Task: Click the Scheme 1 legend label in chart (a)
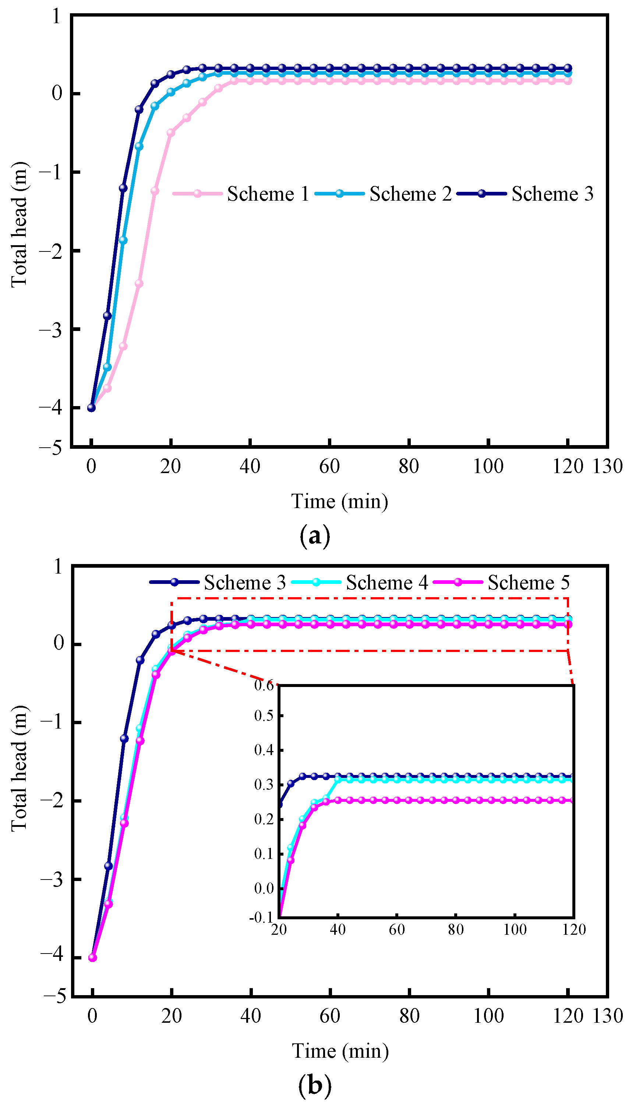coord(268,194)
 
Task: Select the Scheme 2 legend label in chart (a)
coord(410,194)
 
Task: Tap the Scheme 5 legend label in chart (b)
coord(528,582)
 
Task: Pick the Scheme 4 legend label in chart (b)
coord(387,582)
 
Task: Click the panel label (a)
coord(315,536)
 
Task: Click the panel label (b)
coord(315,1085)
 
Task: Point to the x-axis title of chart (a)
coord(339,501)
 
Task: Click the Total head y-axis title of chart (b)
coord(20,769)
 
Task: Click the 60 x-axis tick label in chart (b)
coord(330,1016)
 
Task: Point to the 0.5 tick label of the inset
coord(264,715)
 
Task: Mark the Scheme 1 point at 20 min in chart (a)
coord(170,133)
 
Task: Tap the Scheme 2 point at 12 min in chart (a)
coord(139,146)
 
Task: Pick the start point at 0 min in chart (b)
coord(92,957)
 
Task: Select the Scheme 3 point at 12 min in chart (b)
coord(140,660)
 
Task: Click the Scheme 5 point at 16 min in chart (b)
coord(156,674)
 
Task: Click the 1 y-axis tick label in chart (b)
coord(58,567)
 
